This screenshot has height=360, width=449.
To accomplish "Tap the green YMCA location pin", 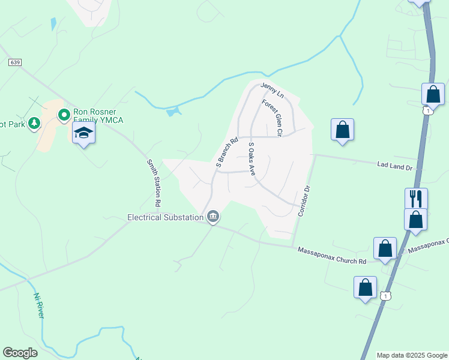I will (64, 115).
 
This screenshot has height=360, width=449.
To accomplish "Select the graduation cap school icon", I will (83, 134).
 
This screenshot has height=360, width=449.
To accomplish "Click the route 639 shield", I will (15, 62).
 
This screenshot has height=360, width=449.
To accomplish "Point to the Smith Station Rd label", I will (154, 183).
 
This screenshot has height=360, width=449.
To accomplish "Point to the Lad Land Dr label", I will (395, 165).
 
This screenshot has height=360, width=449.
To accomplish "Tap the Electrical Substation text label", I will (165, 217).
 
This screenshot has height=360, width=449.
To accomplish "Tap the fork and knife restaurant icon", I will (415, 197).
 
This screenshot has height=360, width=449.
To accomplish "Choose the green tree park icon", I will (34, 123).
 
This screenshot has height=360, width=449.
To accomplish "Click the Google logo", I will (20, 353).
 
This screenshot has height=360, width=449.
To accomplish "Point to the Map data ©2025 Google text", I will (411, 355).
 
